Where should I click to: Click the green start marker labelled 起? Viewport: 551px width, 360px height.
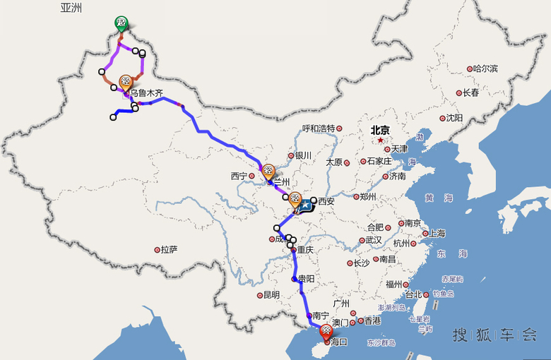(x=122, y=23)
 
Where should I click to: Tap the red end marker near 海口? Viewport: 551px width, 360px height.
(x=326, y=331)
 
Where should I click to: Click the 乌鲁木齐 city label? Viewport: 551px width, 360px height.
(x=146, y=92)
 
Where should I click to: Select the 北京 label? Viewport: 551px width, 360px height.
(x=380, y=130)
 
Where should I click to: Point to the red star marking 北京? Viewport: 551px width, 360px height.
(x=379, y=140)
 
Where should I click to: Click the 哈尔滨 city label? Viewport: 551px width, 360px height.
(x=485, y=68)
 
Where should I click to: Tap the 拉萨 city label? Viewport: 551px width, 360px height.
(x=169, y=249)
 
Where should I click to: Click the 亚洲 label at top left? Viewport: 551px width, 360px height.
(x=71, y=8)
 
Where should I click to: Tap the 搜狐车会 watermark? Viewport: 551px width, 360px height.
(x=494, y=335)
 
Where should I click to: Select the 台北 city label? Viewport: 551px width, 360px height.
(x=413, y=294)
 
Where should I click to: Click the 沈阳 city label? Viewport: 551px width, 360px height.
(x=454, y=118)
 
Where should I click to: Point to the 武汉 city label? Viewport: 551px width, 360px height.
(x=373, y=240)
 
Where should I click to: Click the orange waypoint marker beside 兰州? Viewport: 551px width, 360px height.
(x=268, y=171)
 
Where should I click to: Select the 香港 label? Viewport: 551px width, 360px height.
(x=372, y=320)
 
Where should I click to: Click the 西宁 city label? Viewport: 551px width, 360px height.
(x=239, y=176)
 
